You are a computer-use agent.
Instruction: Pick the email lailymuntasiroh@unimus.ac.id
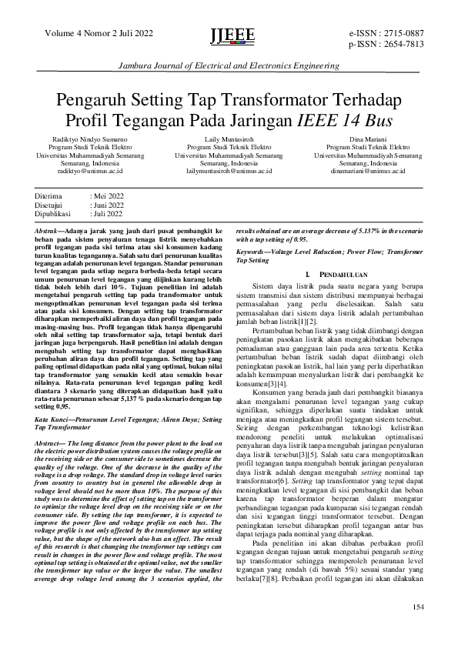pos(229,172)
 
